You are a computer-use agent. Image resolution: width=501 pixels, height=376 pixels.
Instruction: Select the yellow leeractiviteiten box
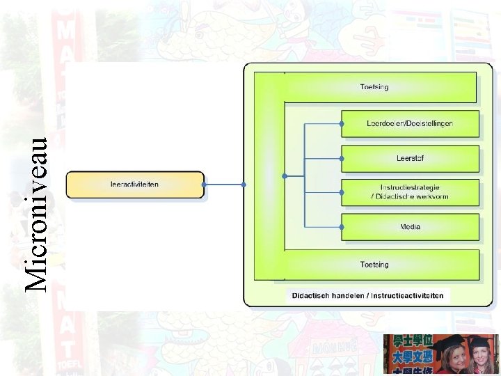tap(135, 185)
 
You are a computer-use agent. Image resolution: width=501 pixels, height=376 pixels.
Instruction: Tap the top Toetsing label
tap(374, 87)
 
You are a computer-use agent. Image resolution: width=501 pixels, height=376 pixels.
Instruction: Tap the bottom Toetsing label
tap(374, 265)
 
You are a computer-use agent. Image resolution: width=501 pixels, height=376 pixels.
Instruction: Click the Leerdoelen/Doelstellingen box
tap(410, 123)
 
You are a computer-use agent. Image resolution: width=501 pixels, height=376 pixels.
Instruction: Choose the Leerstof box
tap(410, 158)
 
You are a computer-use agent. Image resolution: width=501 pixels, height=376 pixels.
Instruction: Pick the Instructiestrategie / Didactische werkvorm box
tap(410, 192)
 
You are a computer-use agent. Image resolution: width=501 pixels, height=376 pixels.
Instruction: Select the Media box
tap(410, 227)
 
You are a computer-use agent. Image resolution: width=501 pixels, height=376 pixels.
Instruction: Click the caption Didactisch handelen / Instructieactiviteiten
tap(367, 296)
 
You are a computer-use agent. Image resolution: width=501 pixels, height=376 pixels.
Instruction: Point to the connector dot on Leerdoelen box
tap(342, 123)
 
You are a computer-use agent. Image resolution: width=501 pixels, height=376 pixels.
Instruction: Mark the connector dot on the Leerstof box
tap(342, 158)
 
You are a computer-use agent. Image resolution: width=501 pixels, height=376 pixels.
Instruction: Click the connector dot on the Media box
tap(342, 227)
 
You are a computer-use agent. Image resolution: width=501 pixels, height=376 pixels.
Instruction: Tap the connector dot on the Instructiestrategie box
tap(342, 192)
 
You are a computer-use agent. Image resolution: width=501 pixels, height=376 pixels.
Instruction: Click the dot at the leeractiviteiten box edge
tap(205, 185)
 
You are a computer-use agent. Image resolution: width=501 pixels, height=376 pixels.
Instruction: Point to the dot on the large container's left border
tap(244, 185)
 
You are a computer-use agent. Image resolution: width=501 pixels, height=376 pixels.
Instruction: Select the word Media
tap(410, 227)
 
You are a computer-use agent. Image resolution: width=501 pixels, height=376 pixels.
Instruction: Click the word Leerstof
tap(410, 158)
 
